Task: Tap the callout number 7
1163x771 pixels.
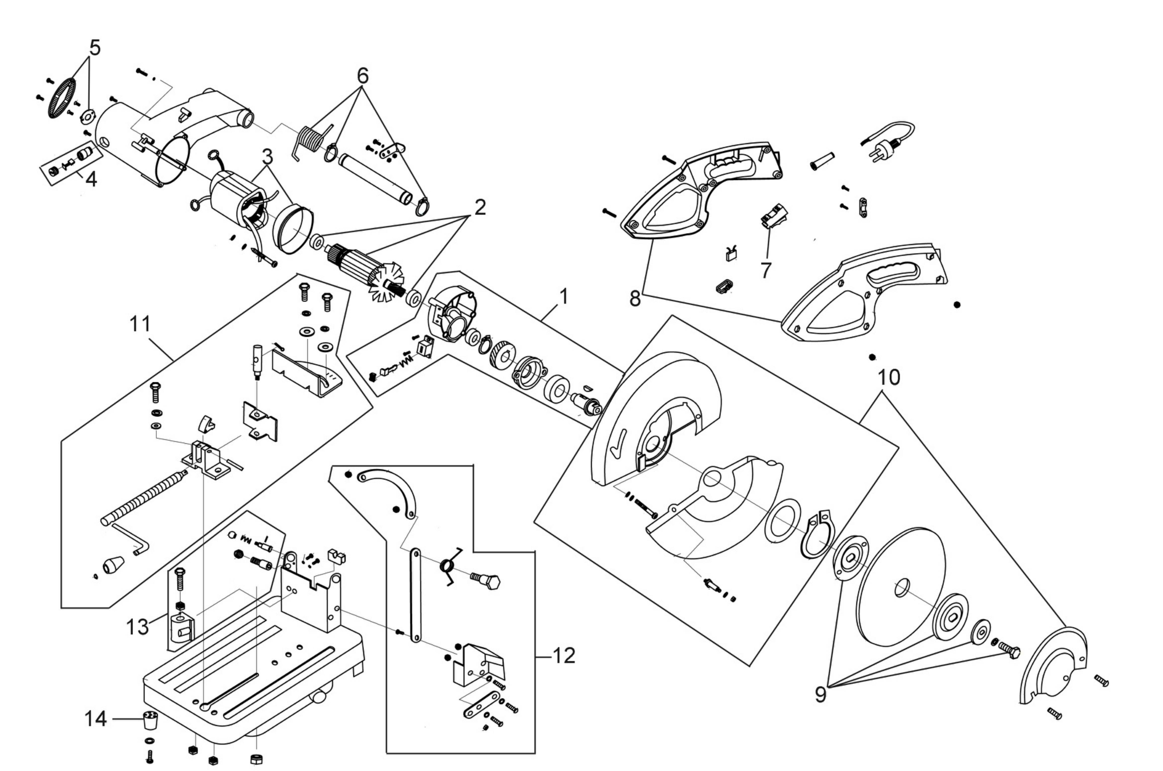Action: click(765, 270)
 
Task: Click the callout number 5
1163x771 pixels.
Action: click(95, 48)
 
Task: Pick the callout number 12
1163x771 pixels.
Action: click(564, 655)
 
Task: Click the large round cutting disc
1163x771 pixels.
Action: click(900, 588)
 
